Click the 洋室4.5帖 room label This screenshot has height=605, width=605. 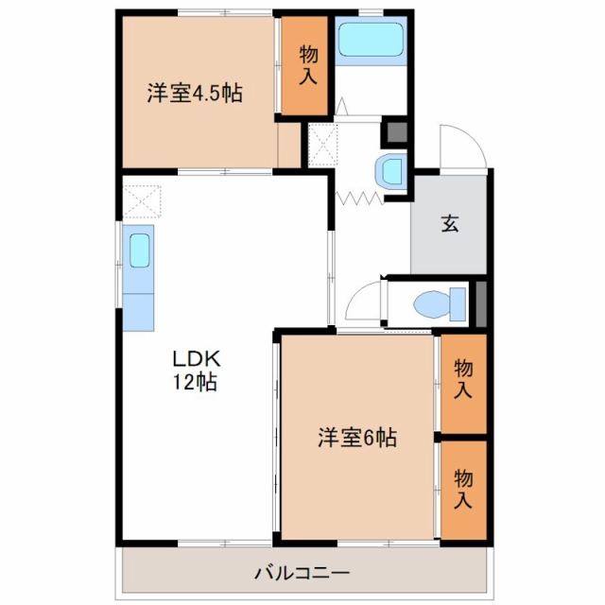[195, 94]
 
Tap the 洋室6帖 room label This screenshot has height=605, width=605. [357, 437]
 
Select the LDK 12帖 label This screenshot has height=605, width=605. [196, 371]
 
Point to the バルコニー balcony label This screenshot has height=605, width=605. [302, 573]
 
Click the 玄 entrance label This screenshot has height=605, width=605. [450, 223]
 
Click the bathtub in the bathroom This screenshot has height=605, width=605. [371, 40]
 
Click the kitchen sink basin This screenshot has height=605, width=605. [139, 251]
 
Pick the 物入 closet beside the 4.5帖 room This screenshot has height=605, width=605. [304, 65]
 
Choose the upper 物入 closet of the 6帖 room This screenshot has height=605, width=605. [463, 384]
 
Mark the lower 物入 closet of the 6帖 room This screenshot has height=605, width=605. [463, 490]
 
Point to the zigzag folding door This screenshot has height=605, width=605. [359, 198]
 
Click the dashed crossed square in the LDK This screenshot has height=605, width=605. [141, 201]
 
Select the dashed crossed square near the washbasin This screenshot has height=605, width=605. [322, 145]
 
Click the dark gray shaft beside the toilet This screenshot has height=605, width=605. [481, 304]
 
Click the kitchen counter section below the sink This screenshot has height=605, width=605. [138, 312]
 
